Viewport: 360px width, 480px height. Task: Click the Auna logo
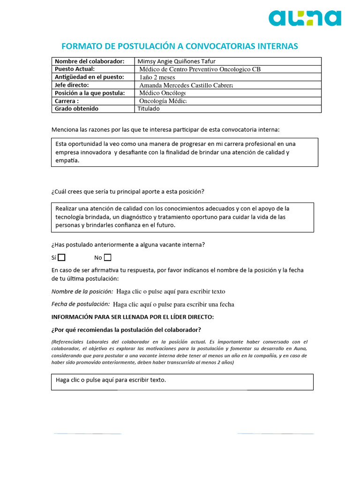pyautogui.click(x=305, y=18)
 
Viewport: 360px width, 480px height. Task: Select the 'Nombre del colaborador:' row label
pyautogui.click(x=90, y=61)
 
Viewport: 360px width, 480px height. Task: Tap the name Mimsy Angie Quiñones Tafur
pyautogui.click(x=177, y=61)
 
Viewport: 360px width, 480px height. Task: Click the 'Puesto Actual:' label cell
pyautogui.click(x=75, y=69)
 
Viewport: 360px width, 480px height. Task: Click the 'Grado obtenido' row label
pyautogui.click(x=76, y=109)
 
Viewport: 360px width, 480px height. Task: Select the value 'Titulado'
pyautogui.click(x=149, y=109)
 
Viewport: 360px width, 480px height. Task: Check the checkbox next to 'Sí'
pyautogui.click(x=61, y=257)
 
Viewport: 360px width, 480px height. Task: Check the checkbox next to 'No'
pyautogui.click(x=108, y=257)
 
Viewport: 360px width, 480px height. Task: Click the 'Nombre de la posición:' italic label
pyautogui.click(x=82, y=292)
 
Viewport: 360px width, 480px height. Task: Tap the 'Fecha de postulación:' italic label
pyautogui.click(x=81, y=304)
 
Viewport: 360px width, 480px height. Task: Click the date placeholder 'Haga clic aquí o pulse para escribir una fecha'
pyautogui.click(x=173, y=304)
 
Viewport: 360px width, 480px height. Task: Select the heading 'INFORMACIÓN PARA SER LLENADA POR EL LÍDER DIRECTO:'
pyautogui.click(x=132, y=317)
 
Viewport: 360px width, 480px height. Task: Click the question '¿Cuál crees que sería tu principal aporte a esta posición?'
pyautogui.click(x=127, y=191)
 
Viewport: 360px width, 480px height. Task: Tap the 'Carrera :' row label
pyautogui.click(x=67, y=101)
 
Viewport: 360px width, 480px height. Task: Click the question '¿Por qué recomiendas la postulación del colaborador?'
pyautogui.click(x=126, y=330)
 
